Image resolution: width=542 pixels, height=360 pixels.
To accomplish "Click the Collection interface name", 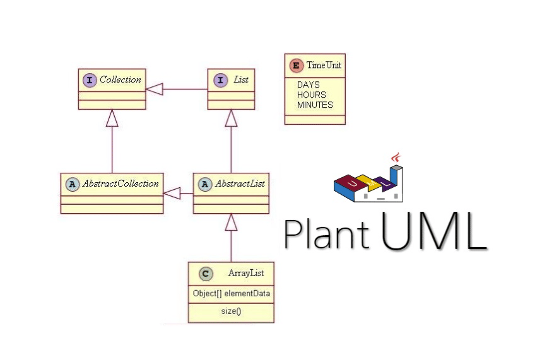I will tap(120, 80).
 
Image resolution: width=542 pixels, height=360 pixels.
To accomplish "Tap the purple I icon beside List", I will tap(220, 80).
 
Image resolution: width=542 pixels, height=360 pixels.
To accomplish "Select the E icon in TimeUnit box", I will tap(295, 65).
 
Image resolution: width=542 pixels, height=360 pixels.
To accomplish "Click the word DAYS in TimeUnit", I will tap(309, 84).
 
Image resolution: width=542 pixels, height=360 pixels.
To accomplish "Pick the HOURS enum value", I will tap(312, 95).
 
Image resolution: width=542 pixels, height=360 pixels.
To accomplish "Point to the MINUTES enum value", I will tap(315, 105).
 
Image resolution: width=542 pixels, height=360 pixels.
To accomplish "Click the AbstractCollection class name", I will tap(121, 183).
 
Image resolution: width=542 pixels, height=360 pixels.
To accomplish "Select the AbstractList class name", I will tap(240, 183).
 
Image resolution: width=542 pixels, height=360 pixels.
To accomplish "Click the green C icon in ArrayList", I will tap(205, 273).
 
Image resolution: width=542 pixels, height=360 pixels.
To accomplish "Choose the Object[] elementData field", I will tap(231, 293).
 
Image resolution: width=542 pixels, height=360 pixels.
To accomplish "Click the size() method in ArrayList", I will tap(231, 311).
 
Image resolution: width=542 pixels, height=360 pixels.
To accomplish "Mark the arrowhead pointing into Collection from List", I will tap(155, 90).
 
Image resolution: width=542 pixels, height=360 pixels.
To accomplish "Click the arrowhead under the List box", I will tap(232, 117).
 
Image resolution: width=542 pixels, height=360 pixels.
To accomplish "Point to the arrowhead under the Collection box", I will tap(112, 117).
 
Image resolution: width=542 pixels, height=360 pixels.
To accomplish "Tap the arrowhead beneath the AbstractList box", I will tap(232, 222).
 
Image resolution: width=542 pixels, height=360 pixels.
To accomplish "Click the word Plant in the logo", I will tap(326, 233).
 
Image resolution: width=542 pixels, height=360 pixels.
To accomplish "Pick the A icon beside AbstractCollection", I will tap(72, 183).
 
